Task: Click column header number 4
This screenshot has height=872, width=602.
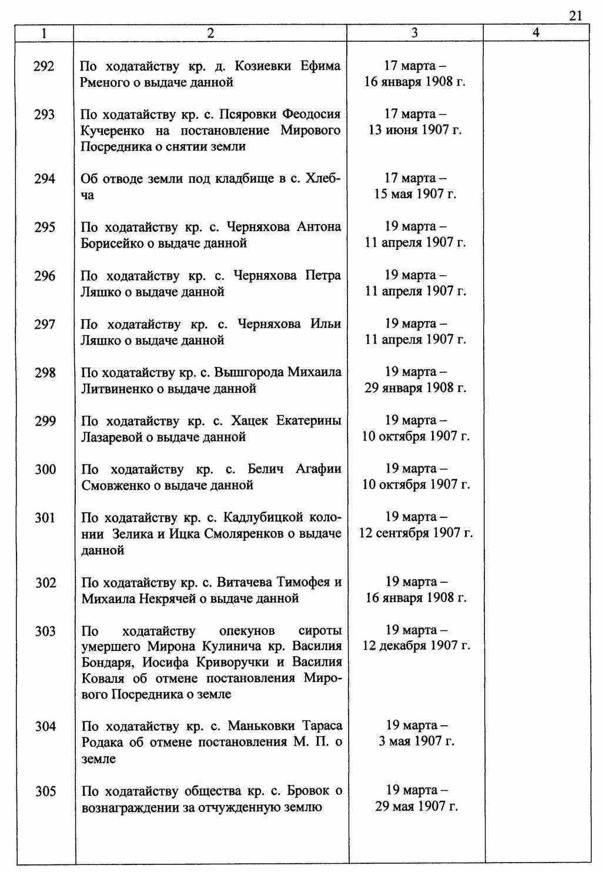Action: point(536,34)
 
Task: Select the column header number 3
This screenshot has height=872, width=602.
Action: point(414,34)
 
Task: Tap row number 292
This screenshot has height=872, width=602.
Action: point(45,66)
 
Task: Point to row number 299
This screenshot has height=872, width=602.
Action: point(45,422)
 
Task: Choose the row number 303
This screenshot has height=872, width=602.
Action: point(45,632)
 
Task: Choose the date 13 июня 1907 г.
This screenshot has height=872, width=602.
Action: point(415,130)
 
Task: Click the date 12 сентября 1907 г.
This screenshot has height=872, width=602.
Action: point(416,533)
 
